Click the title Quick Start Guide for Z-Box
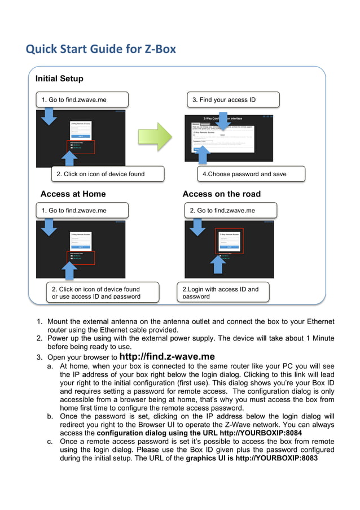pos(101,49)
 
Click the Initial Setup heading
pos(59,79)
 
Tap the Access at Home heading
pos(73,194)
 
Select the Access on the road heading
pos(221,194)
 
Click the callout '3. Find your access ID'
pos(232,100)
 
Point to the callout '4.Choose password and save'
pos(251,174)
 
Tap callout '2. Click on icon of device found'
pos(107,174)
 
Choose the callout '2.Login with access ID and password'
pos(222,292)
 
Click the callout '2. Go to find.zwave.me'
pos(230,211)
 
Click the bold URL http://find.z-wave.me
pos(167,357)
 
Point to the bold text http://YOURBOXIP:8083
pos(276,458)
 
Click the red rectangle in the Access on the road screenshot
pos(229,241)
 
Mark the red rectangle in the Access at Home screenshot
pos(80,257)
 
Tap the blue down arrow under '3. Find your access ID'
pos(222,119)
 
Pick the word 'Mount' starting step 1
pos(58,322)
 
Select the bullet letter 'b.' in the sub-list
pos(51,416)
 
